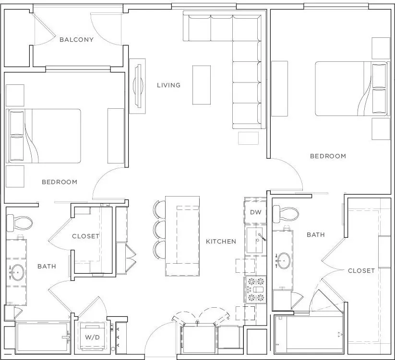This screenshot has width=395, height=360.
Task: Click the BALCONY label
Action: [x=77, y=39]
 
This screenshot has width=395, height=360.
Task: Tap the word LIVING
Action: [x=169, y=85]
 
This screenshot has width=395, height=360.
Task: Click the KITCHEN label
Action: [x=221, y=242]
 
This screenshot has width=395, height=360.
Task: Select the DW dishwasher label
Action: [x=256, y=212]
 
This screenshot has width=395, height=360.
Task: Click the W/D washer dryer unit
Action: [x=93, y=337]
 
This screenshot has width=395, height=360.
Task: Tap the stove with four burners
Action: [x=256, y=290]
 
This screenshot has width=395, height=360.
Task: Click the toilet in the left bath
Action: [x=19, y=222]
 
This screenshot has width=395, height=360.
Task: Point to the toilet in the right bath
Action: [x=286, y=214]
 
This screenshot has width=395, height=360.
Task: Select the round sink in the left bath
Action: [x=17, y=272]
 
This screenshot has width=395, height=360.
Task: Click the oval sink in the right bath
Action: [x=283, y=261]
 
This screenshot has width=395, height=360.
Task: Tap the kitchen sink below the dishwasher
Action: [x=255, y=240]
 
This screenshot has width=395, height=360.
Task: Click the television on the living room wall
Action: [x=138, y=86]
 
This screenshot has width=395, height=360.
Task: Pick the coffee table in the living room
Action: [x=202, y=85]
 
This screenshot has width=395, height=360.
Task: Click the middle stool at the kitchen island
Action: [x=159, y=230]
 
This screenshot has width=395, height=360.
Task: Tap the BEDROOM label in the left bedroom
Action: [x=60, y=182]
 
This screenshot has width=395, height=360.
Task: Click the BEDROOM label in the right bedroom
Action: [x=328, y=156]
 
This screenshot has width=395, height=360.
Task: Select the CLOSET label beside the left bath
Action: [x=85, y=236]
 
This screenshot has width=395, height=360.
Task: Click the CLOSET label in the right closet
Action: [x=361, y=271]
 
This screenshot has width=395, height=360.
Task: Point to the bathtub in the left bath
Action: [x=42, y=337]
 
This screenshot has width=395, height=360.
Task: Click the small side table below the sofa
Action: [x=249, y=138]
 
